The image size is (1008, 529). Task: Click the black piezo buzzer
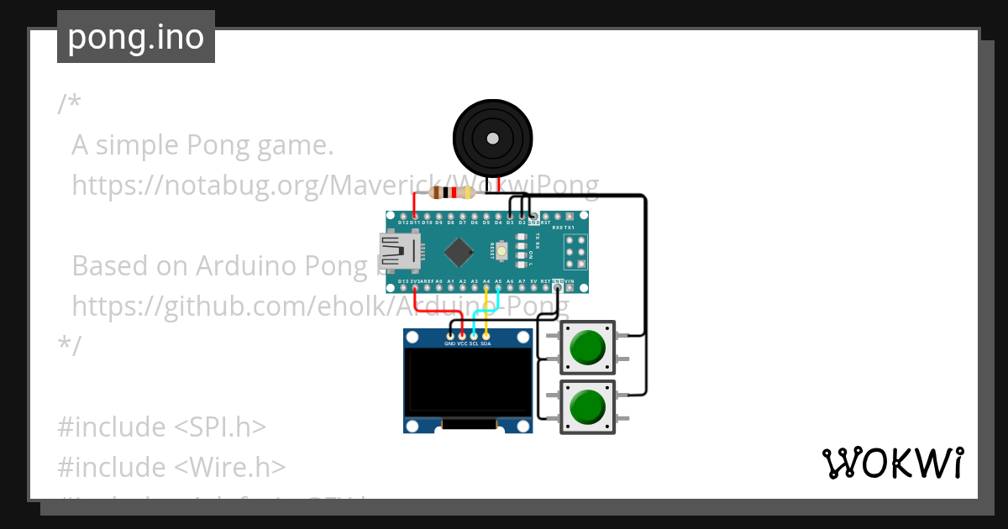pyautogui.click(x=493, y=138)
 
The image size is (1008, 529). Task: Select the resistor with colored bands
pyautogui.click(x=451, y=193)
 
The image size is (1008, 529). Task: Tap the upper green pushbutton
pyautogui.click(x=588, y=347)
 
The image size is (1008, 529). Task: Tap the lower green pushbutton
pyautogui.click(x=588, y=407)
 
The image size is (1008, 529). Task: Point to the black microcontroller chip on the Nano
pyautogui.click(x=459, y=250)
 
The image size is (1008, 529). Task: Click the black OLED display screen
pyautogui.click(x=467, y=383)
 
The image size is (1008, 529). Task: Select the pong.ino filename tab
pyautogui.click(x=136, y=37)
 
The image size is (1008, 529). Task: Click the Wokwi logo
pyautogui.click(x=892, y=463)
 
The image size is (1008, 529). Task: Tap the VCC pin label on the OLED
pyautogui.click(x=462, y=344)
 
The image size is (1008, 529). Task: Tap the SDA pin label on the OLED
pyautogui.click(x=486, y=344)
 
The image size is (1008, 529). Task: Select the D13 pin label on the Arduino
pyautogui.click(x=403, y=281)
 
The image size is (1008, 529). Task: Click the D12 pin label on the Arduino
pyautogui.click(x=403, y=223)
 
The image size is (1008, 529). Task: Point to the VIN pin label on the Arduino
pyautogui.click(x=569, y=281)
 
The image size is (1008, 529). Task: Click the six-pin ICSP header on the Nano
pyautogui.click(x=575, y=250)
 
